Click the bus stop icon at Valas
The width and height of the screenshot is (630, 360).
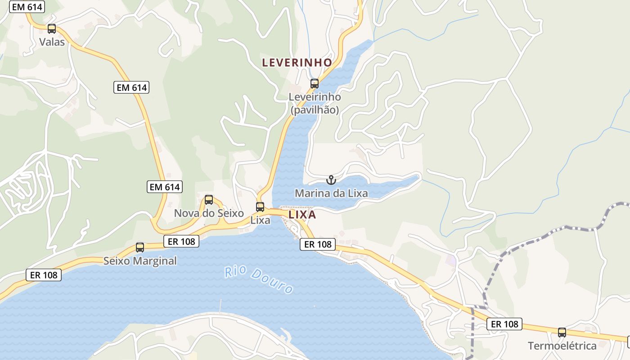coord(52,29)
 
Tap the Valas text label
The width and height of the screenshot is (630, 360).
coord(52,42)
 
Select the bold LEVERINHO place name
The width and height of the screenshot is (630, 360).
coord(297,63)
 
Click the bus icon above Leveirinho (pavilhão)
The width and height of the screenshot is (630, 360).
coord(315,83)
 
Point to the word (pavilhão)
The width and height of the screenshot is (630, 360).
coord(315,110)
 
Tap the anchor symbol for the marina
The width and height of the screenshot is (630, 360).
coord(331,180)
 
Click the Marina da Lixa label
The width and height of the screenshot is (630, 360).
coord(331,193)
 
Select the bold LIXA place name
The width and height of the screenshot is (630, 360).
coord(302,215)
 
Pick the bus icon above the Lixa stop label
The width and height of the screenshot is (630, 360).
coord(260,207)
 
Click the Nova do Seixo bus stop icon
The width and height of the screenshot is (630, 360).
coord(209,200)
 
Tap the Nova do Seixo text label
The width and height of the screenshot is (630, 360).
coord(209,213)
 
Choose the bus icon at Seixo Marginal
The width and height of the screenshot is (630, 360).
coord(140,247)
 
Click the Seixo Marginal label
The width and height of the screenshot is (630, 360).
coord(140,261)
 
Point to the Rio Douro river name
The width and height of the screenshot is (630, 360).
coord(259,279)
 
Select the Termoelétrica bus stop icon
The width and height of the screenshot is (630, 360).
coord(562,333)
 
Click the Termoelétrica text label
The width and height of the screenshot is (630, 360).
coord(562,346)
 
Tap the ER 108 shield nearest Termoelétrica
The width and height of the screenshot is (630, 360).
coord(504,324)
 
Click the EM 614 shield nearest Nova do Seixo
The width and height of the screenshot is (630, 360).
coord(165,187)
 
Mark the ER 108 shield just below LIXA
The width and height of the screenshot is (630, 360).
coord(318,244)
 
